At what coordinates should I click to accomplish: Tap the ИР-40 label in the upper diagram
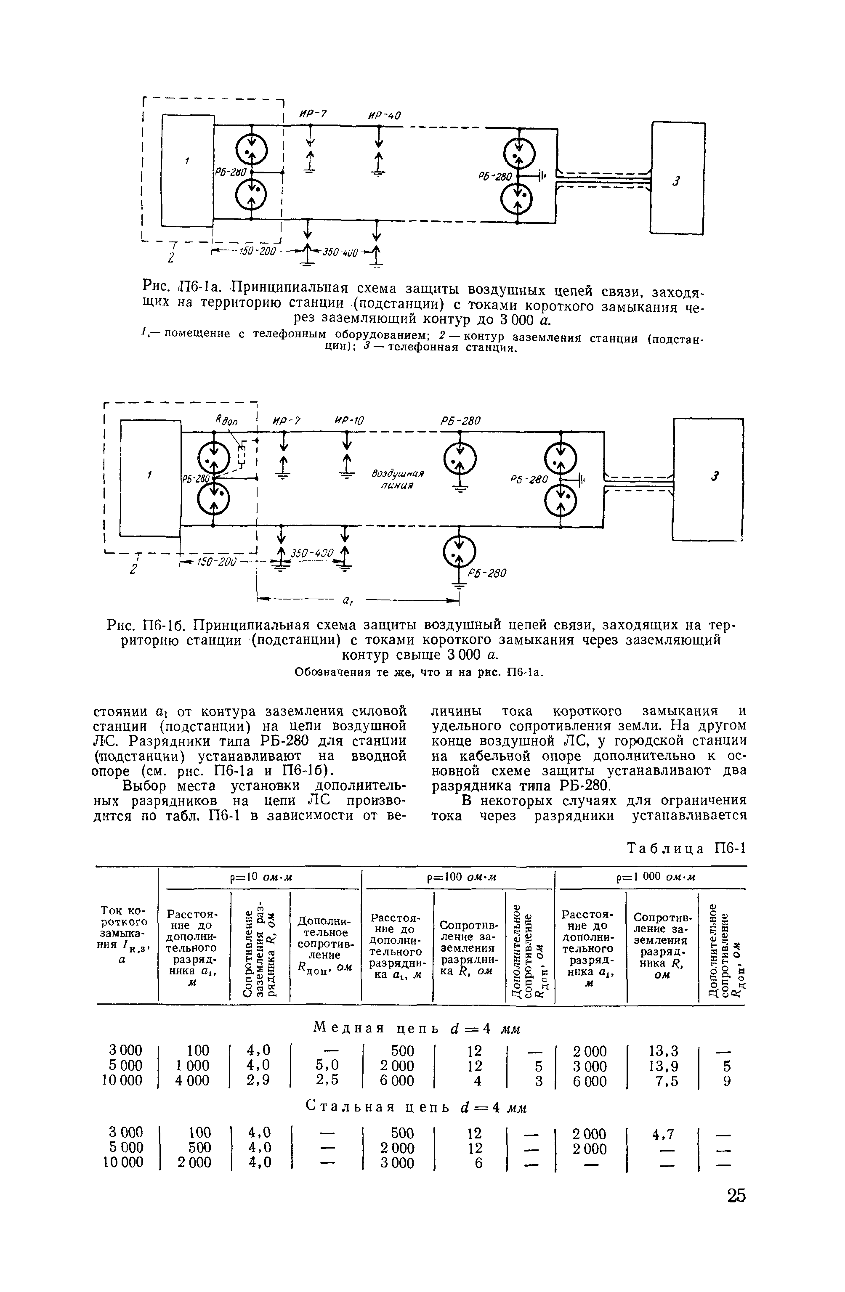pos(383,116)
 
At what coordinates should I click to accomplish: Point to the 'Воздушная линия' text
pos(398,479)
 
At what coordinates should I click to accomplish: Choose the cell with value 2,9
pos(258,1080)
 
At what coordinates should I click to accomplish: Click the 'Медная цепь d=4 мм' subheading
pos(417,1028)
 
